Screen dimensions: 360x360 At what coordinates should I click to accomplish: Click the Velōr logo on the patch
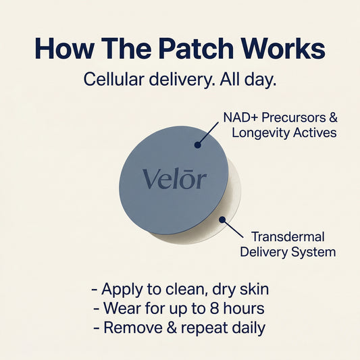click(174, 179)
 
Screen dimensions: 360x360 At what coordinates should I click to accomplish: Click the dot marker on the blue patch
click(197, 144)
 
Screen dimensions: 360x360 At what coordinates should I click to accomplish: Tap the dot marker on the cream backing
click(222, 218)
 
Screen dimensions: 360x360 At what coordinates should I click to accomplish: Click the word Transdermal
click(288, 236)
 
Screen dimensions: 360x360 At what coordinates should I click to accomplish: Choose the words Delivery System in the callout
click(293, 252)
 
